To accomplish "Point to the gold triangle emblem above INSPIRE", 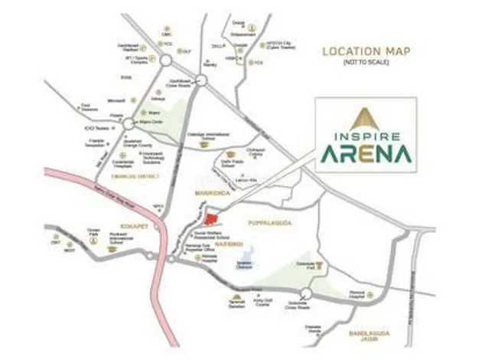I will pos(365,117).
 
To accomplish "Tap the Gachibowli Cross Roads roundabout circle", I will pos(201,79).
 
